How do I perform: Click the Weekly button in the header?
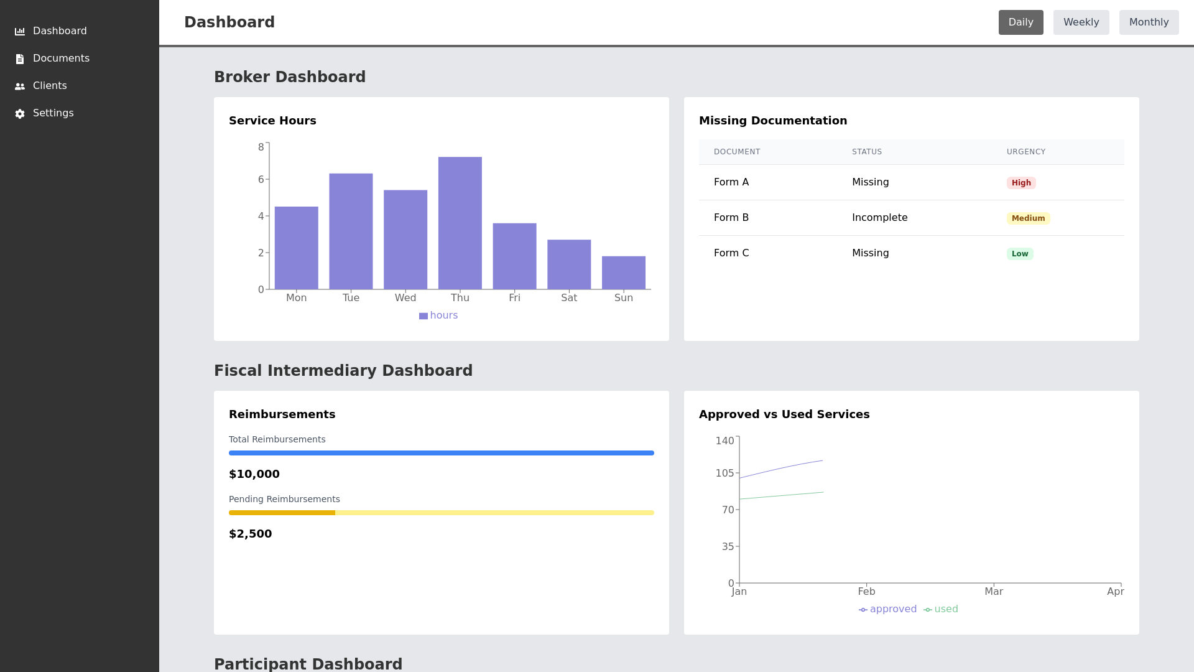[x=1081, y=22]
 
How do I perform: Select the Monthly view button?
[x=1149, y=22]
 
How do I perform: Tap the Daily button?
[x=1020, y=22]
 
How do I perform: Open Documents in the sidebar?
[x=61, y=58]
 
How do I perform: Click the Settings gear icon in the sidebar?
[x=20, y=114]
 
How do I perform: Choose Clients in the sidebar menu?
[x=50, y=86]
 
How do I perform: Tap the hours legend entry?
[x=438, y=315]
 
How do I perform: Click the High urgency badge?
[x=1020, y=183]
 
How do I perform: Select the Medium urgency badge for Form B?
[x=1028, y=218]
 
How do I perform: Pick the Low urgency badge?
[x=1019, y=254]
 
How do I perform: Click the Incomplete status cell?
[x=879, y=218]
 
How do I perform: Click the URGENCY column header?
[x=1025, y=152]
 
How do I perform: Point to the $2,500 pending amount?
[x=250, y=534]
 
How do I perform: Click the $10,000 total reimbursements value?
[x=254, y=474]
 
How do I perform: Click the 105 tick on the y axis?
[x=724, y=474]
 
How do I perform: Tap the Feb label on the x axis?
[x=866, y=592]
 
